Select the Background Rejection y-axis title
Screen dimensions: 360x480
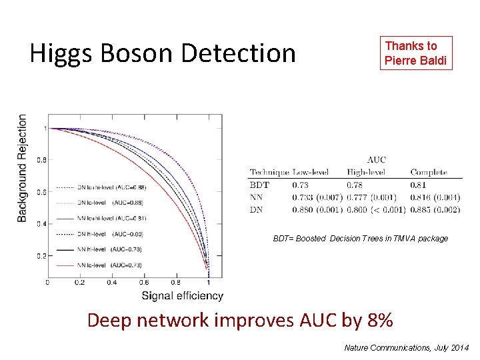point(23,168)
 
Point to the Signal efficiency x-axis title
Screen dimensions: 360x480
point(182,295)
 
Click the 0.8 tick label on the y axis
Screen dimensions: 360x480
point(41,160)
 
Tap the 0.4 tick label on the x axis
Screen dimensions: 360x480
point(112,283)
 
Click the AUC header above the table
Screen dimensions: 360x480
point(376,160)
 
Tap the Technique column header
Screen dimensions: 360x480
point(269,172)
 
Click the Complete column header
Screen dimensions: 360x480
point(429,172)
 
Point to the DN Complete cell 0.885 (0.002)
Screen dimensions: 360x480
point(435,209)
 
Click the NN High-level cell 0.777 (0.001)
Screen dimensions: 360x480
point(371,197)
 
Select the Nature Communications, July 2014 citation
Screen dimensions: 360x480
point(406,348)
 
